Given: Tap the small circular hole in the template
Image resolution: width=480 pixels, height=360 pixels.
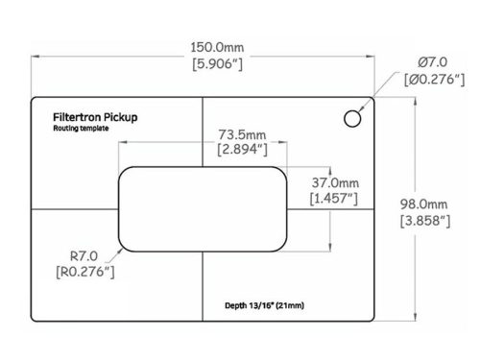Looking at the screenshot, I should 353,117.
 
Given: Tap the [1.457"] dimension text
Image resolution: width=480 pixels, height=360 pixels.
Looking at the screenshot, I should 336,200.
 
